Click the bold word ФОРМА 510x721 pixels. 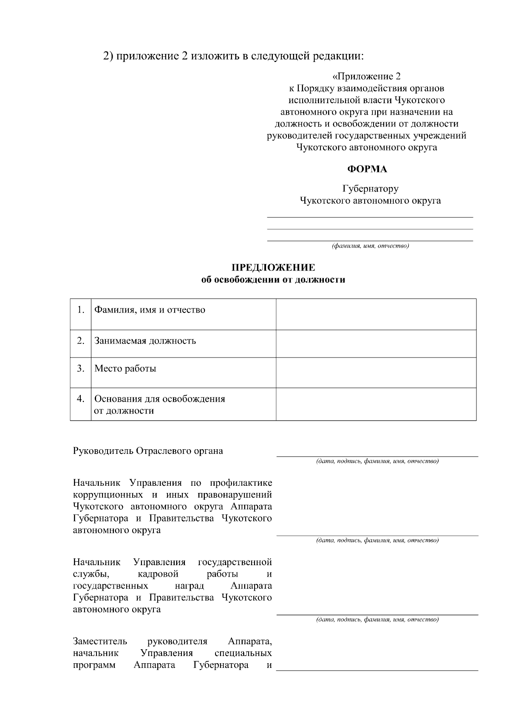point(367,169)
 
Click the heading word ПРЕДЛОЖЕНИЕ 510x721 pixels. point(273,268)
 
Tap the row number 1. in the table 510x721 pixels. point(81,310)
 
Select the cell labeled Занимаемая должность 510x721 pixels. point(145,341)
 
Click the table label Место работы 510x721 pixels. point(125,368)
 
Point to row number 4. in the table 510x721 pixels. point(81,399)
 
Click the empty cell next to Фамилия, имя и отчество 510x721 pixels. point(376,314)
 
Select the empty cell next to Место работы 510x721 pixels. point(376,372)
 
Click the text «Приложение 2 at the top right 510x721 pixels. point(366,76)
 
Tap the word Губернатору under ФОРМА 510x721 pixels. point(370,189)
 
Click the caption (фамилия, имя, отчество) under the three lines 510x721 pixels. point(370,246)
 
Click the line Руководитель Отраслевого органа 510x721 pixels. point(148,451)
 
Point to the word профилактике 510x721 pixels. point(240,483)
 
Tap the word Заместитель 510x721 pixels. point(100,641)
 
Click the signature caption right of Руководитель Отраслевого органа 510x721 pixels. point(377,461)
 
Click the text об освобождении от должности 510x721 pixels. point(273,280)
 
